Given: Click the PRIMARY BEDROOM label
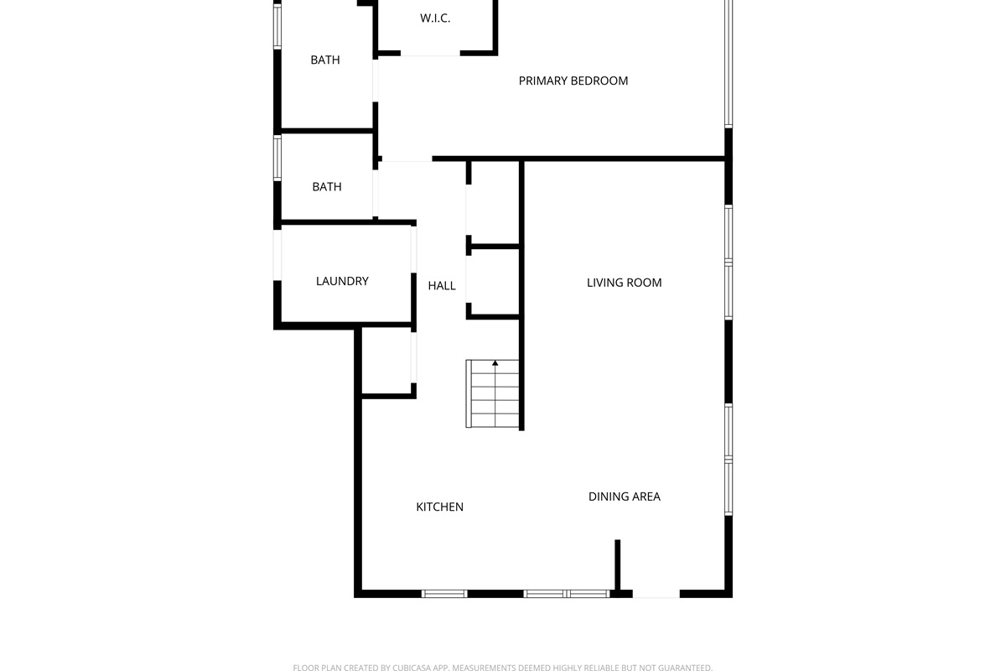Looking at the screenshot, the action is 573,81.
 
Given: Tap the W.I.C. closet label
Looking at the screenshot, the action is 435,18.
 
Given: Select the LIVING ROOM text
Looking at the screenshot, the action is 625,283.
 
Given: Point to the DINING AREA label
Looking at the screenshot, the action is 625,497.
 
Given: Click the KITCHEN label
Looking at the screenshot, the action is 439,507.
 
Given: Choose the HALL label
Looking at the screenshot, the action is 442,286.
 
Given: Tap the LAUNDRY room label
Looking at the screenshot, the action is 342,281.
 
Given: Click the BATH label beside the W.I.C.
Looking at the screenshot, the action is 325,60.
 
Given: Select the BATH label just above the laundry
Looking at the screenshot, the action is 327,186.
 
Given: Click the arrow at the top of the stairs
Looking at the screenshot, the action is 495,363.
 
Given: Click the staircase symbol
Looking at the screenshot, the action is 492,393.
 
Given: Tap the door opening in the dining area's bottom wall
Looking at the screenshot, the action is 656,594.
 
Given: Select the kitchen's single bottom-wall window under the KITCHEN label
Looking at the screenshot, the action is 444,594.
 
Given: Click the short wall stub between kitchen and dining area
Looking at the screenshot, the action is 618,565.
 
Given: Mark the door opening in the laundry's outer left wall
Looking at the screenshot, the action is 277,255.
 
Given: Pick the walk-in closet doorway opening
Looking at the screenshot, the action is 430,54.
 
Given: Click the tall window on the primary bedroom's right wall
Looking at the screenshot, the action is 729,64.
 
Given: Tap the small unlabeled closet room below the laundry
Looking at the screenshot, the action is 386,362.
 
